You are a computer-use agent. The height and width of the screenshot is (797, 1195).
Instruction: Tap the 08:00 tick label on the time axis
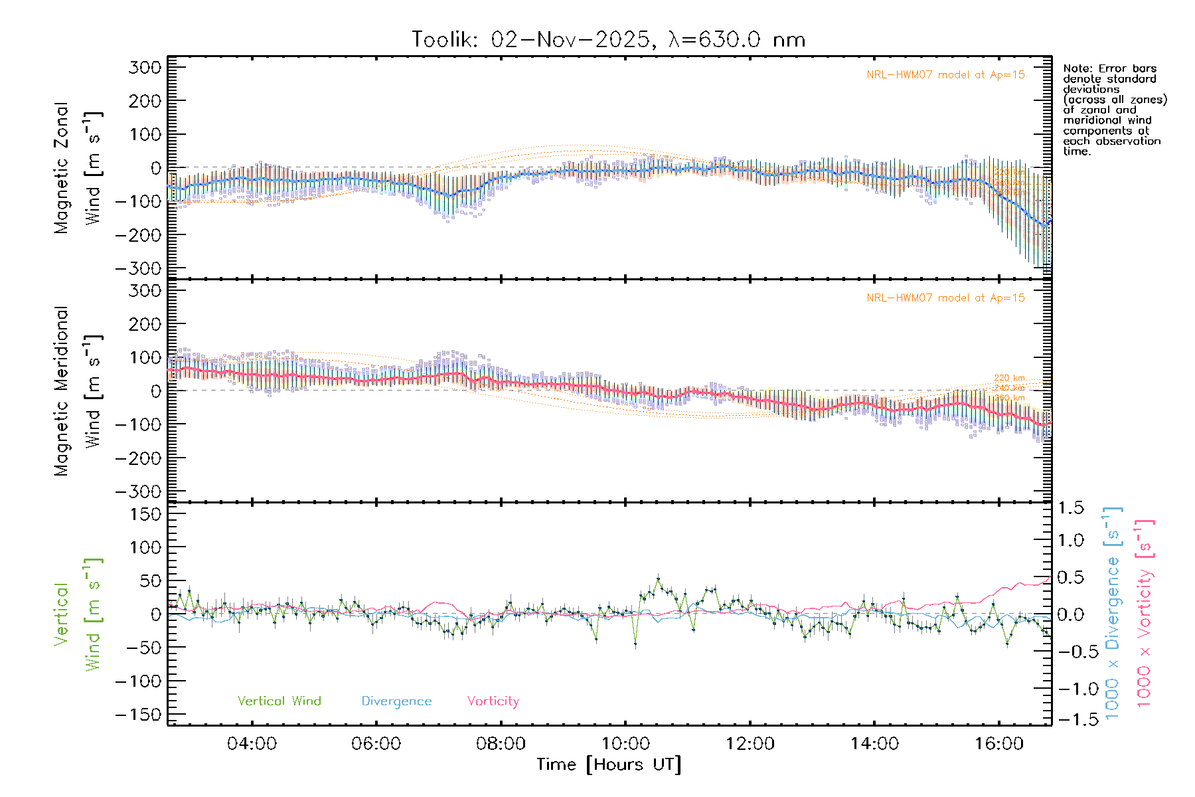pyautogui.click(x=501, y=744)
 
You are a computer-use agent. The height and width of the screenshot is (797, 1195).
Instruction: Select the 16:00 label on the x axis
pyautogui.click(x=999, y=744)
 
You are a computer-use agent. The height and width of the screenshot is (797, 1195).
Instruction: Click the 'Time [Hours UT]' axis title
pyautogui.click(x=609, y=764)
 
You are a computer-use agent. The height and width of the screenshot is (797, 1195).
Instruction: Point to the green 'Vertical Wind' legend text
pyautogui.click(x=279, y=701)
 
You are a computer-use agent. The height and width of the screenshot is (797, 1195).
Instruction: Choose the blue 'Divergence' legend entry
pyautogui.click(x=396, y=701)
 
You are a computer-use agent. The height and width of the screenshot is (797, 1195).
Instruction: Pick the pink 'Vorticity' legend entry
pyautogui.click(x=493, y=701)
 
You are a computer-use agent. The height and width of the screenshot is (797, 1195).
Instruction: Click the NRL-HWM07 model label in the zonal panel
pyautogui.click(x=945, y=75)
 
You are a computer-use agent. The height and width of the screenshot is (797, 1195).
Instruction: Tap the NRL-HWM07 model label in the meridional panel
pyautogui.click(x=945, y=298)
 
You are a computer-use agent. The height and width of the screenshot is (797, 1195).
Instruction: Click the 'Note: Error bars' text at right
pyautogui.click(x=1109, y=69)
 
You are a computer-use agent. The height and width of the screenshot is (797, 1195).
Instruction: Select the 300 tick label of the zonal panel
pyautogui.click(x=145, y=67)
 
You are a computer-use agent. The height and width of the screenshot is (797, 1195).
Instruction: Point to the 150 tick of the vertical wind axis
pyautogui.click(x=145, y=514)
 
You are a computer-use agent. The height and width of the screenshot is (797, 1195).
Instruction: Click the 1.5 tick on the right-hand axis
pyautogui.click(x=1071, y=508)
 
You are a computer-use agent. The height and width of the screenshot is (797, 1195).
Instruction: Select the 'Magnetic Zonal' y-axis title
pyautogui.click(x=61, y=167)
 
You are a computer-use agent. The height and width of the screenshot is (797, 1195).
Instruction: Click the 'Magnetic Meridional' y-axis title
pyautogui.click(x=61, y=391)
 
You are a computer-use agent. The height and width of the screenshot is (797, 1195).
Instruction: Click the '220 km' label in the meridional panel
pyautogui.click(x=1009, y=378)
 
